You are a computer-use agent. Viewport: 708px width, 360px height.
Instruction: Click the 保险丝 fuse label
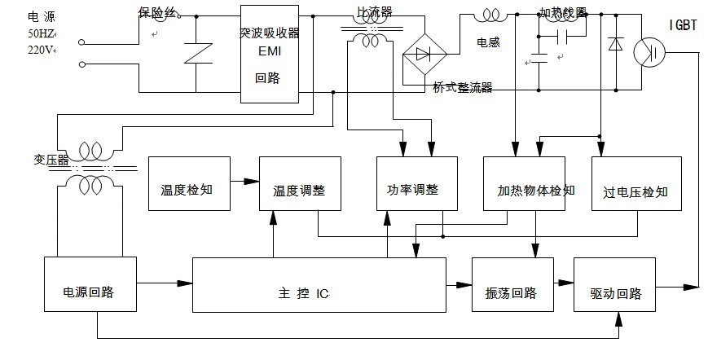click(156, 13)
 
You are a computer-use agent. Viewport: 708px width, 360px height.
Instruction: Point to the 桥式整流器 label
click(463, 88)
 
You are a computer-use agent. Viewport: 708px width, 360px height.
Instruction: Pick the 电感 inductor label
click(489, 38)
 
